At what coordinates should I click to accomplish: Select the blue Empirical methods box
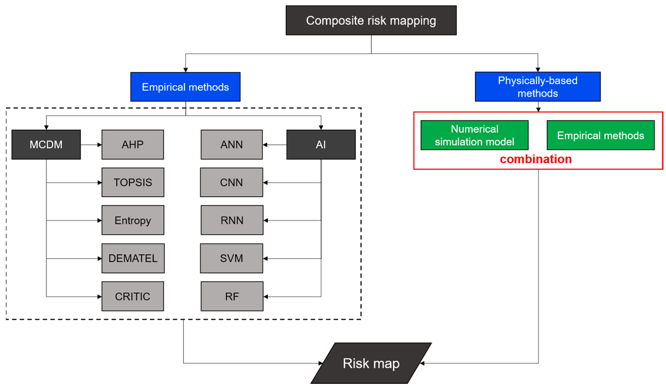(185, 87)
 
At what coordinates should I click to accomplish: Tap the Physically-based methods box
(538, 87)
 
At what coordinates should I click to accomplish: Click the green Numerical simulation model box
(474, 135)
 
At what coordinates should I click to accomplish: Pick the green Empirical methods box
(600, 135)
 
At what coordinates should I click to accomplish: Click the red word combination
(536, 159)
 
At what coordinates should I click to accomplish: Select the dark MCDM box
(46, 145)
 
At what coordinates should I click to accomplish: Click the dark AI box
(321, 145)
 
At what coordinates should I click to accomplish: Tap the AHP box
(133, 145)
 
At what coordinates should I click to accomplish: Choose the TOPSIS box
(133, 182)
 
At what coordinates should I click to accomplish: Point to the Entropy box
(133, 220)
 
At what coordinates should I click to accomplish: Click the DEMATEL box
(133, 258)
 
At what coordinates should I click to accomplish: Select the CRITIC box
(133, 296)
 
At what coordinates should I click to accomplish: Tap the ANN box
(231, 145)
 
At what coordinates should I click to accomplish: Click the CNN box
(231, 182)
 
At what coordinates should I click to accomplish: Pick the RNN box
(232, 220)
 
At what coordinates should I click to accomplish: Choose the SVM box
(231, 258)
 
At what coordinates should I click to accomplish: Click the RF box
(232, 296)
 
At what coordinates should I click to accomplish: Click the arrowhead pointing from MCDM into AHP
(100, 145)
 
